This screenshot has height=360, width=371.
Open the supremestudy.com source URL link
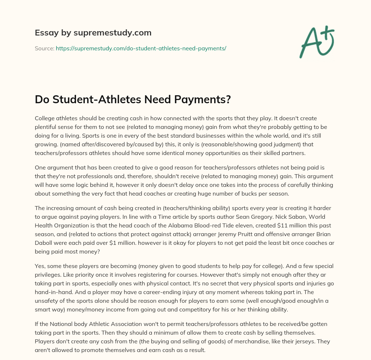click(x=141, y=48)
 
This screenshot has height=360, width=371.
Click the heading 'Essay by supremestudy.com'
click(x=93, y=33)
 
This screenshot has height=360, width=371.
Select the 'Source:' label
click(x=44, y=48)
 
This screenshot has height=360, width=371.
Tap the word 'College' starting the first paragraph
click(x=46, y=118)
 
